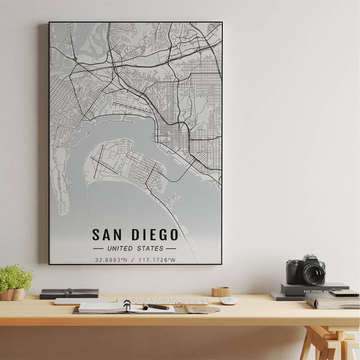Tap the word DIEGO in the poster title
[155, 234]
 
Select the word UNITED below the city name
[120, 248]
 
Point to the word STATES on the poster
[151, 248]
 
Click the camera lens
[313, 273]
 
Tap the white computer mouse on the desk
[229, 301]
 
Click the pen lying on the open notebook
[156, 307]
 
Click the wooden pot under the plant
[13, 294]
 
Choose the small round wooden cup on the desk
[220, 292]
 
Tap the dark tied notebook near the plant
[69, 293]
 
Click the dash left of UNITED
[98, 248]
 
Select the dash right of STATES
[171, 248]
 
